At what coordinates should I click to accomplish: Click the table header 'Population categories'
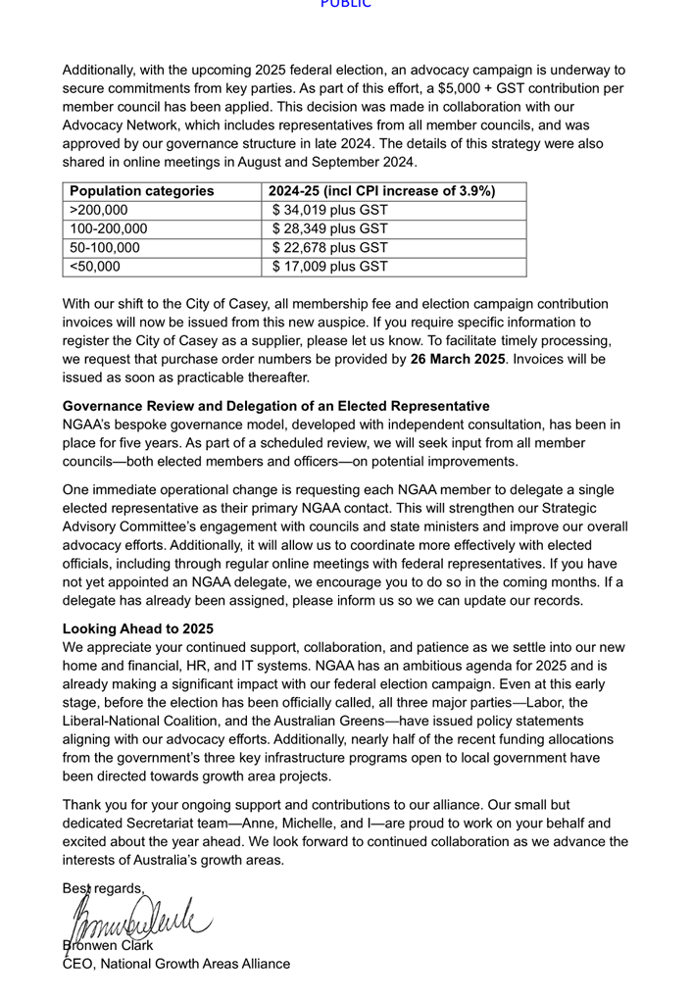coord(142,191)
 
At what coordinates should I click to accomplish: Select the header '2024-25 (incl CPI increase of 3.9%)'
coord(381,191)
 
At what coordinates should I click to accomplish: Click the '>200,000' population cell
coord(99,210)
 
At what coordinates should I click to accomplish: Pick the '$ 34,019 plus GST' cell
coord(330,210)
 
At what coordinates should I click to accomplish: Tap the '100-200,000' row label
coord(109,228)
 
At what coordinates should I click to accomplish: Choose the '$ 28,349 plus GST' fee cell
coord(330,228)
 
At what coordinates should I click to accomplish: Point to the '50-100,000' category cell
coord(105,247)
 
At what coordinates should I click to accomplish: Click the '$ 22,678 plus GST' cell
coord(330,247)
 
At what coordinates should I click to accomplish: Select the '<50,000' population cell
coord(95,266)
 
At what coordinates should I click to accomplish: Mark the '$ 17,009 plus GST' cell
coord(330,266)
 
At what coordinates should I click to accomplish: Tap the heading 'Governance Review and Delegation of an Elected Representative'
coord(276,406)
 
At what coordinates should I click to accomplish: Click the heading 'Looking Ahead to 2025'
coord(138,628)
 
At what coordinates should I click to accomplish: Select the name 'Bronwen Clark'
coord(108,945)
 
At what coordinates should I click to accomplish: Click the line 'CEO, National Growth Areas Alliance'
coord(176,964)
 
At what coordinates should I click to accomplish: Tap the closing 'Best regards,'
coord(104,888)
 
